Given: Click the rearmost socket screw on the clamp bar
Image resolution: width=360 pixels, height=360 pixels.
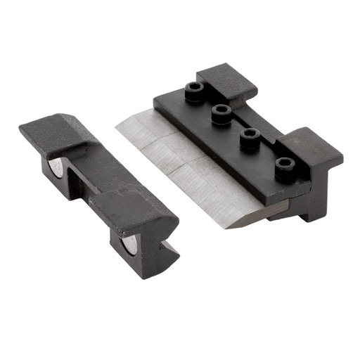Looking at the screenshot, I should pyautogui.click(x=195, y=90).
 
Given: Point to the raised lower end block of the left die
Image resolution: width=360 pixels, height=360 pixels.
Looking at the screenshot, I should pyautogui.click(x=141, y=211).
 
